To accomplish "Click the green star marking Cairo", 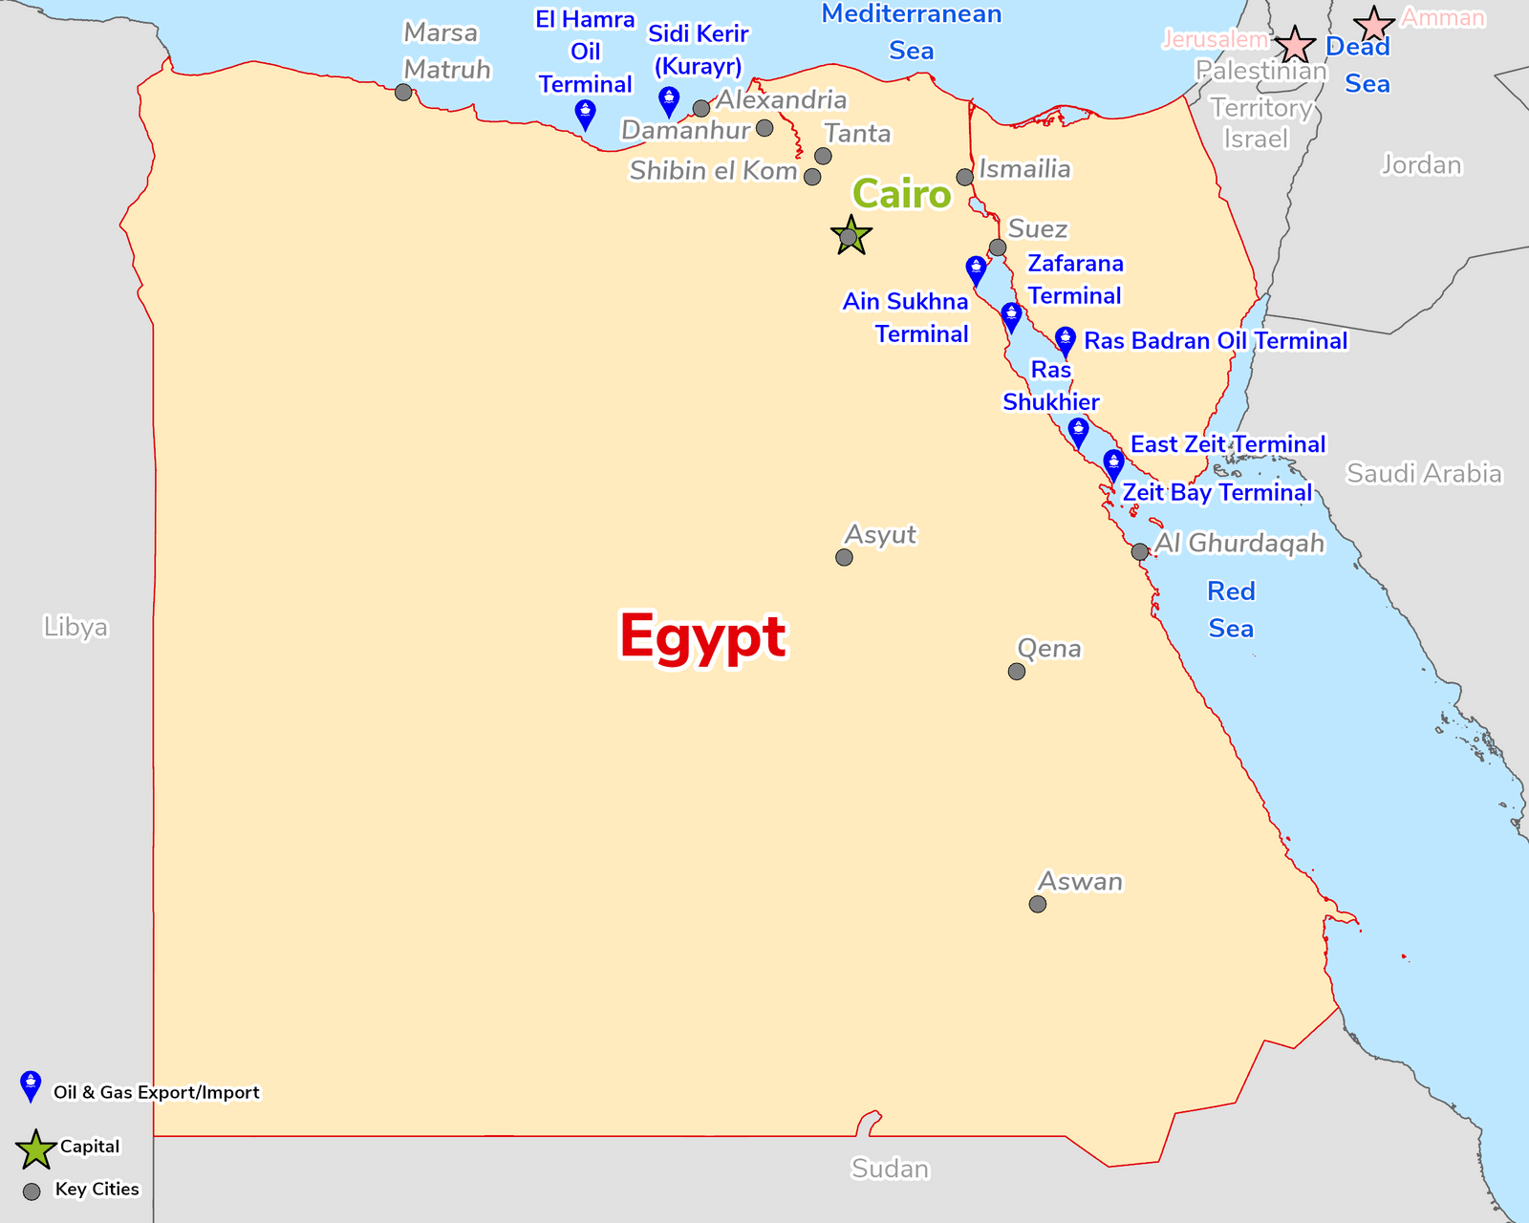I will point(851,236).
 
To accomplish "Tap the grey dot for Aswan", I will point(1038,904).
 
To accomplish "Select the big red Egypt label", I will point(702,636).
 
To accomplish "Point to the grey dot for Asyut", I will point(844,557).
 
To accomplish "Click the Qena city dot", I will point(1017,672).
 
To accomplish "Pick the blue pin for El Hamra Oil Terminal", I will point(586,114).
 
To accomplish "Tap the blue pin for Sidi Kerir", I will point(670,100).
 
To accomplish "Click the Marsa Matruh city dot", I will point(403,93).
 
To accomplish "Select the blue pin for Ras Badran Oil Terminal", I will point(1066,340).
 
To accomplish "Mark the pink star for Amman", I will point(1374,25).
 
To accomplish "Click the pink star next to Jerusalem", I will point(1295,45).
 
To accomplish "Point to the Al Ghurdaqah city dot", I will point(1139,551).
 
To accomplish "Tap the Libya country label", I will point(75,627).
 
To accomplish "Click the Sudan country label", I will point(890,1169).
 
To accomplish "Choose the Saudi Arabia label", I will point(1423,473).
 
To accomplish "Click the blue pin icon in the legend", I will point(31,1085).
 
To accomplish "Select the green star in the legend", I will point(35,1149).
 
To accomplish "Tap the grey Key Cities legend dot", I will point(32,1191).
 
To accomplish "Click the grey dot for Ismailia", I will point(965,177).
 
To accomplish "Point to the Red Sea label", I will point(1231,610).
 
